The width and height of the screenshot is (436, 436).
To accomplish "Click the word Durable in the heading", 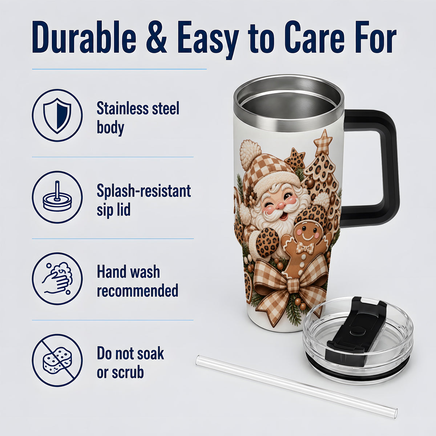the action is tap(84, 37).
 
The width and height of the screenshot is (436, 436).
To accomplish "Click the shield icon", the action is tap(57, 116).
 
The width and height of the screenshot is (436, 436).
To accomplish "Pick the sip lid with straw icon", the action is tap(57, 197).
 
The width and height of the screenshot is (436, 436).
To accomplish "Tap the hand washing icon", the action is tap(57, 278).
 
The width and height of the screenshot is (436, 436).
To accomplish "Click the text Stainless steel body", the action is tap(138, 118).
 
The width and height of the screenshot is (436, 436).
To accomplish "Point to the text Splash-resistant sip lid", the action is tap(144, 200).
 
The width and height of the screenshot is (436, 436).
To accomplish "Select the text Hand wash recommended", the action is tap(138, 281).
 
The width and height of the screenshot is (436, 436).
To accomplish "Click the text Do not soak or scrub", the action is tap(130, 363).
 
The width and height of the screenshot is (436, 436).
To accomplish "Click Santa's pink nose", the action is tap(281, 205).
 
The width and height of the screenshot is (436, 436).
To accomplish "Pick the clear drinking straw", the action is tap(296, 387).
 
